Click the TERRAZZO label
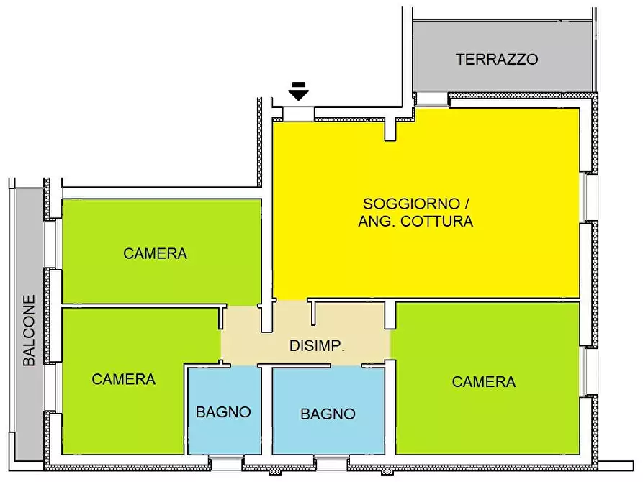(x=497, y=59)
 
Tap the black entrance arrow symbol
(x=298, y=91)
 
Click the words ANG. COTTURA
(x=415, y=222)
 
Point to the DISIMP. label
(x=317, y=346)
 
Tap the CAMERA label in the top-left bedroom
(x=155, y=253)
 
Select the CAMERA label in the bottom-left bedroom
(x=124, y=379)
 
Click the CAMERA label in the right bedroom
(x=484, y=382)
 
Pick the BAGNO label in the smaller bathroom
(x=223, y=412)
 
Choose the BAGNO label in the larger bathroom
(x=328, y=414)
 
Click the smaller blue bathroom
(x=223, y=432)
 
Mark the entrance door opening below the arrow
(x=298, y=113)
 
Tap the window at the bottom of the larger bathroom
(x=331, y=463)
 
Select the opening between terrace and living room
(x=432, y=100)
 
